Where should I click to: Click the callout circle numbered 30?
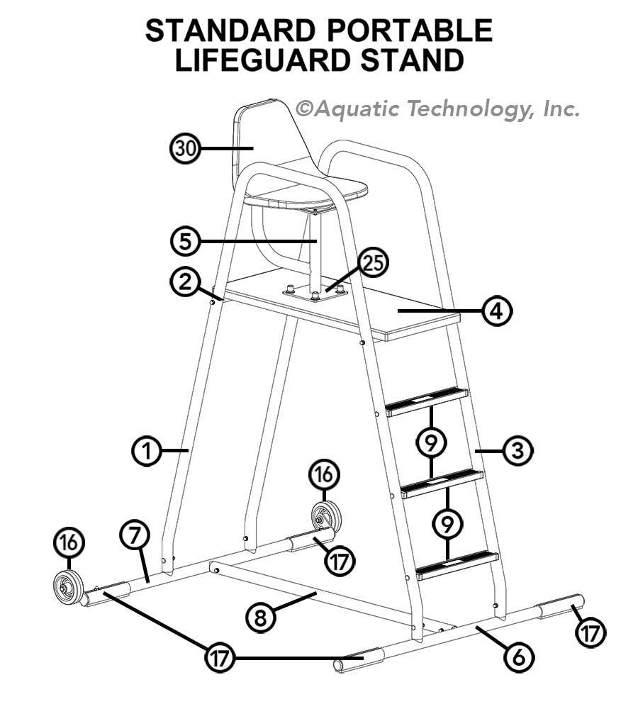(185, 148)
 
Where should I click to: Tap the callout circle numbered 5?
(186, 242)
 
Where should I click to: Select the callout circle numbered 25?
(374, 263)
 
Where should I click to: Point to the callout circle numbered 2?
(185, 281)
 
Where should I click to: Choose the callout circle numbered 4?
(497, 311)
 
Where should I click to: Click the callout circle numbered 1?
(147, 450)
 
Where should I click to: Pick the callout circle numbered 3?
(517, 450)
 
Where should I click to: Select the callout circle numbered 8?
(260, 618)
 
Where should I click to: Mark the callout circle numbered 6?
(519, 657)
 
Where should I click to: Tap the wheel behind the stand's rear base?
(327, 516)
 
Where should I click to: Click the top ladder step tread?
(427, 401)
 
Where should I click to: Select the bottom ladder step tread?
(457, 565)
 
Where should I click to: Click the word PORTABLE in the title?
(409, 30)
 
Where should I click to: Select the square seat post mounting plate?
(315, 293)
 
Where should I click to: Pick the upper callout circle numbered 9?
(431, 442)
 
